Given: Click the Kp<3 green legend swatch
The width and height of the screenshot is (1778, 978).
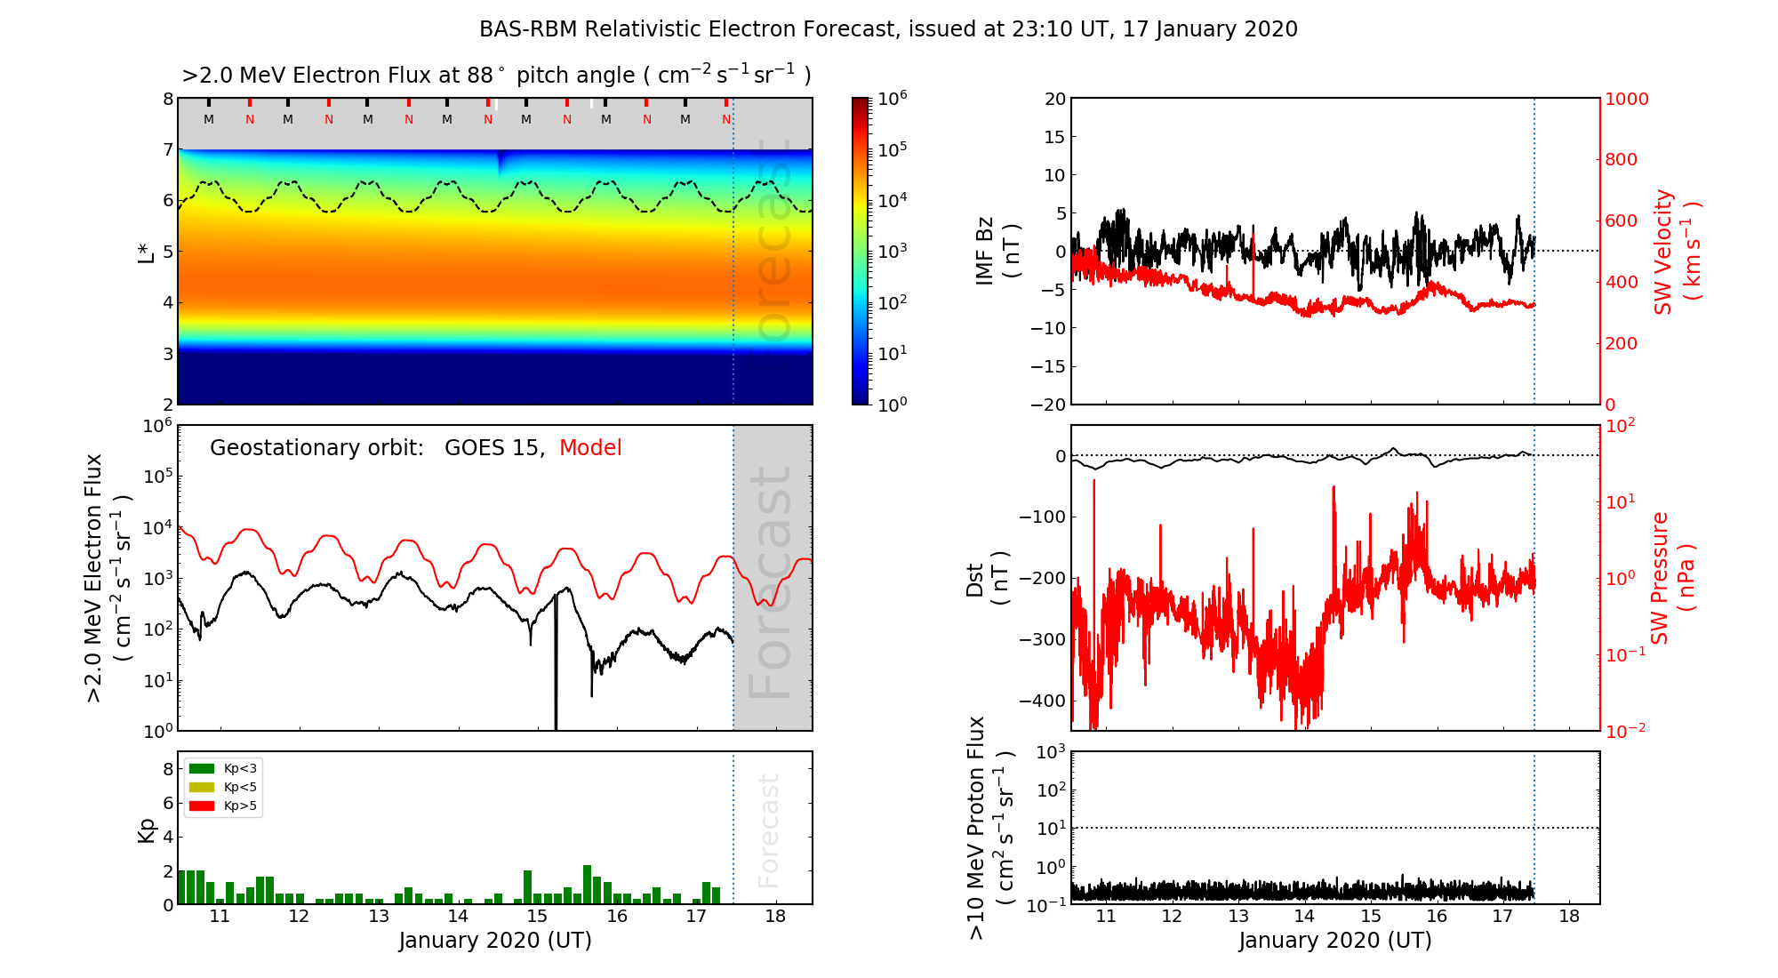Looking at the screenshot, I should pos(202,768).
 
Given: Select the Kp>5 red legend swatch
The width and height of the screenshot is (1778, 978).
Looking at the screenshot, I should pos(202,806).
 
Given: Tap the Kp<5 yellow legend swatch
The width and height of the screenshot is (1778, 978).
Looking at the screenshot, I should pos(202,787).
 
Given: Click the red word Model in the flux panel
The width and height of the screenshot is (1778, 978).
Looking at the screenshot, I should pos(590,448).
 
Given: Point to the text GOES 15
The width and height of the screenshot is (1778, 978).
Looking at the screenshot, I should pos(493,448).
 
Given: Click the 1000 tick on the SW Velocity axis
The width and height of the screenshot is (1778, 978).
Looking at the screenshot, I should pos(1627,99).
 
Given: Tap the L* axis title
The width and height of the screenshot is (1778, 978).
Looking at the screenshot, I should pos(147,251).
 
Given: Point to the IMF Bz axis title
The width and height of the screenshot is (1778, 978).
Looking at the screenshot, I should pos(997,251).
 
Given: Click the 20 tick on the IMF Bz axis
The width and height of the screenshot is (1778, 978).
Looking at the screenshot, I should pos(1054,99).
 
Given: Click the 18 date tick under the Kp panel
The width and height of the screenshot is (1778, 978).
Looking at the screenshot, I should pos(775,917).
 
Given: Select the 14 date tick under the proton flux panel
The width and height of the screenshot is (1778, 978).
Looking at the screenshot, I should pos(1304,917).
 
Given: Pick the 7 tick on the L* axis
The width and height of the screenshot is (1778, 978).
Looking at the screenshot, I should pos(168,149).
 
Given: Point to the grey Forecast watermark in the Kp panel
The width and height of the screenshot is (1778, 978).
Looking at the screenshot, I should pos(768,830).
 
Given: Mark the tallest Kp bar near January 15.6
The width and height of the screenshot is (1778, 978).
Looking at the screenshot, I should pos(587,885).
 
